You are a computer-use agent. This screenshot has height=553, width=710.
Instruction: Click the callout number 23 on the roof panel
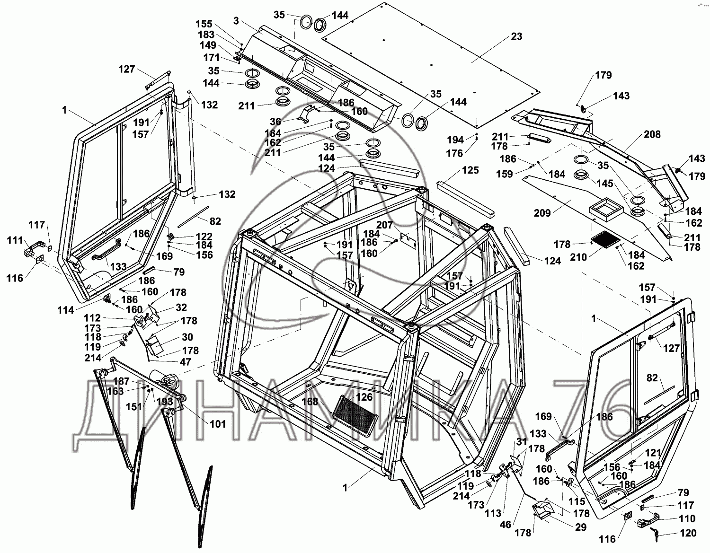click(x=516, y=36)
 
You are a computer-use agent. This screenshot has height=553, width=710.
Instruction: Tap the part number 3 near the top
click(x=237, y=20)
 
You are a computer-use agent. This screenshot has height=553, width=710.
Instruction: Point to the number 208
click(x=652, y=134)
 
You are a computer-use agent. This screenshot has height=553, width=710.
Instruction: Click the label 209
click(x=542, y=213)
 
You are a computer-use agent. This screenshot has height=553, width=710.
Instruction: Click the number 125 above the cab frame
click(x=470, y=170)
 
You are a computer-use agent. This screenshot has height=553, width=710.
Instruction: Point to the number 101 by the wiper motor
click(x=218, y=424)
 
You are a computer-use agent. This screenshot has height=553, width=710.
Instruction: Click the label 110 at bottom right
click(x=686, y=519)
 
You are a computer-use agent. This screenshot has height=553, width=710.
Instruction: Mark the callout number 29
click(x=581, y=527)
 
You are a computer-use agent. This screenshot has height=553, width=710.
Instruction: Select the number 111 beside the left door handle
click(x=15, y=241)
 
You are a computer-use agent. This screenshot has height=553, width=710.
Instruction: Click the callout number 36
click(x=275, y=122)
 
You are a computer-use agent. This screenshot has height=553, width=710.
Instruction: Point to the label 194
click(x=455, y=140)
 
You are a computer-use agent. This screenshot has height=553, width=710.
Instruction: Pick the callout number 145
click(x=605, y=184)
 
